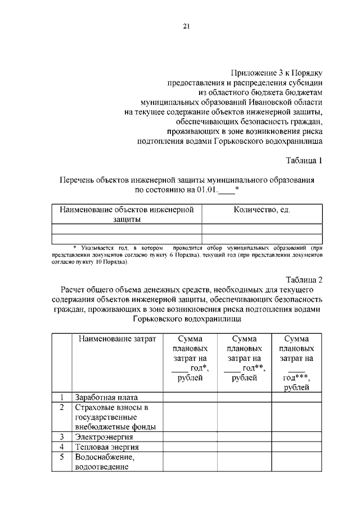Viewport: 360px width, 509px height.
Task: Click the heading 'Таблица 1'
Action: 304,160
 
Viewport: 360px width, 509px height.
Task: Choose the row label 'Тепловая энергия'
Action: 107,447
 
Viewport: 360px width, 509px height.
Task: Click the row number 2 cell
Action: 61,407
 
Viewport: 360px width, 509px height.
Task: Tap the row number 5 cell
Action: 61,457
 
